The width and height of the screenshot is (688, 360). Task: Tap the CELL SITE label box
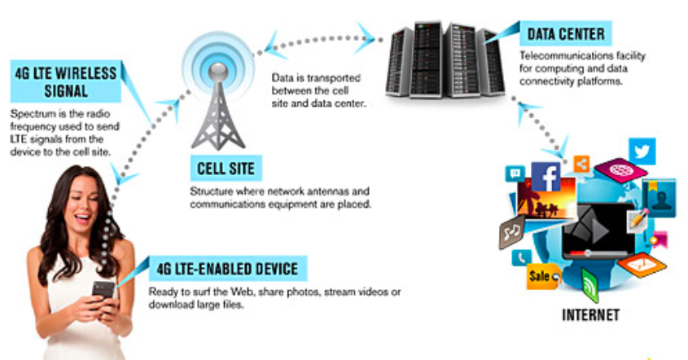(x=226, y=169)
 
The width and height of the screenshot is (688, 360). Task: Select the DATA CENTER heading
(x=566, y=34)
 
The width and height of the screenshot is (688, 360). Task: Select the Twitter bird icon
(x=642, y=151)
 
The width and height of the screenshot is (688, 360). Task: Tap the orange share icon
(x=581, y=163)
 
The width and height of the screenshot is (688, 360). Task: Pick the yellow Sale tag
(x=542, y=276)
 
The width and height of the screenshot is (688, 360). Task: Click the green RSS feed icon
(x=589, y=285)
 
